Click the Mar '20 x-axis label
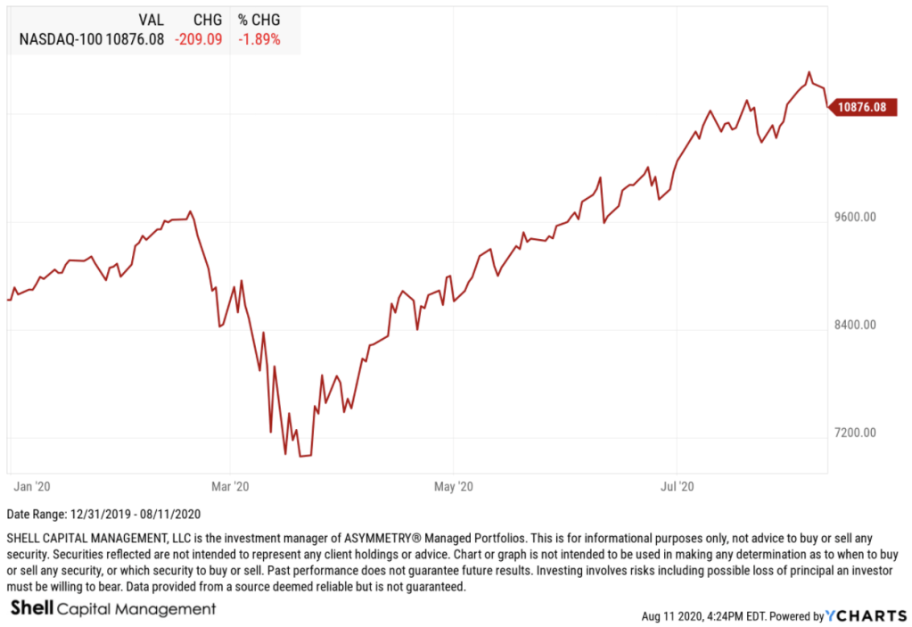pyautogui.click(x=231, y=486)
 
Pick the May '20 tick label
pyautogui.click(x=454, y=486)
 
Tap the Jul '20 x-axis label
pyautogui.click(x=678, y=486)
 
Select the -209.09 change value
pyautogui.click(x=201, y=39)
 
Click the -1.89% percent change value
pyautogui.click(x=259, y=39)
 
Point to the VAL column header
pyautogui.click(x=151, y=20)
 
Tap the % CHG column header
pyautogui.click(x=259, y=20)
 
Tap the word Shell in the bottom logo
pyautogui.click(x=32, y=608)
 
